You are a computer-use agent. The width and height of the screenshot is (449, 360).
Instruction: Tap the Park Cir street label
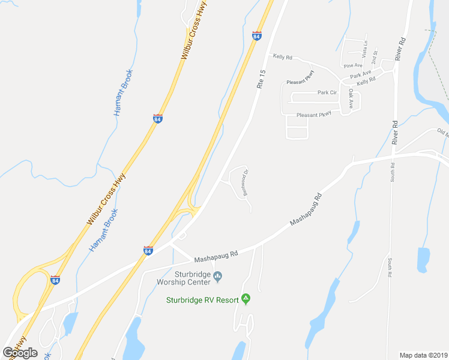coord(327,93)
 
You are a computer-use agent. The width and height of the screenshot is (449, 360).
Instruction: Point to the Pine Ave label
coord(353,65)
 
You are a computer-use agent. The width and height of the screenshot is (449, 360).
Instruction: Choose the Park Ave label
coord(361,75)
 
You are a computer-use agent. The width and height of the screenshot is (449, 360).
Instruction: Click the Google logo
coord(20,352)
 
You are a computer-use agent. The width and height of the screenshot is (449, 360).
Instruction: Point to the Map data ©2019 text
coord(423,355)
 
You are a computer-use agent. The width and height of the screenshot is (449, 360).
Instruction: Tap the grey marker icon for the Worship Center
coord(217,277)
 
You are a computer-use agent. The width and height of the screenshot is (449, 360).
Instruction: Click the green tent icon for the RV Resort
coord(245,298)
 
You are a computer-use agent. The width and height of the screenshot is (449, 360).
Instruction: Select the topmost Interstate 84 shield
coord(257,36)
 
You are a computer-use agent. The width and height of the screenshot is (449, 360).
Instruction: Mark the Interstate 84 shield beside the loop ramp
coord(55,280)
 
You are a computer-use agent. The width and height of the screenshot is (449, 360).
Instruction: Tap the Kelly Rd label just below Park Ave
coord(366,80)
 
